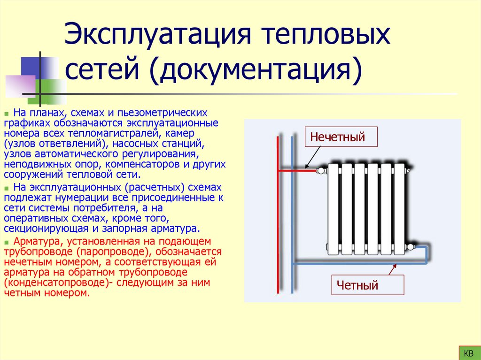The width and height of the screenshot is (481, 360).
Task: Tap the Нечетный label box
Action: (337, 138)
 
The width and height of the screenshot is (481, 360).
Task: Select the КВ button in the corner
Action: (468, 352)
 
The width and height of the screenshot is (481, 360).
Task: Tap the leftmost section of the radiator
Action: (334, 209)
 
